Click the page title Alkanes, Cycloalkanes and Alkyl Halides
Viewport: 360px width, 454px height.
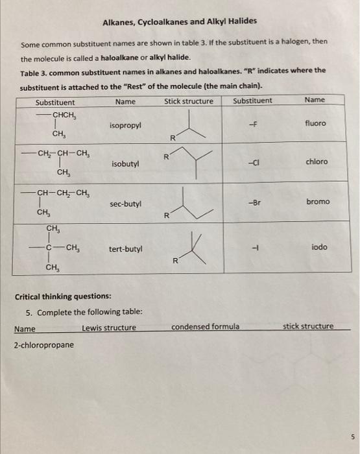[x=180, y=21]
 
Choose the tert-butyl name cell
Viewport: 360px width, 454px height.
[x=126, y=248]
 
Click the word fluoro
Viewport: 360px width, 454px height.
[x=315, y=123]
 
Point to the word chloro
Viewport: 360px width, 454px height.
[x=317, y=161]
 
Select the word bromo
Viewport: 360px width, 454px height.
[x=317, y=202]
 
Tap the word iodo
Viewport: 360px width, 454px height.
[x=318, y=247]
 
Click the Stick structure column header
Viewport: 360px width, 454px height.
[x=189, y=101]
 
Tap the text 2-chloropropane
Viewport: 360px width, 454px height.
[x=43, y=344]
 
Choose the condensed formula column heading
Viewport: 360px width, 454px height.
[x=205, y=327]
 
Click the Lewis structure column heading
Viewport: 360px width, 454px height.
[x=109, y=328]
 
